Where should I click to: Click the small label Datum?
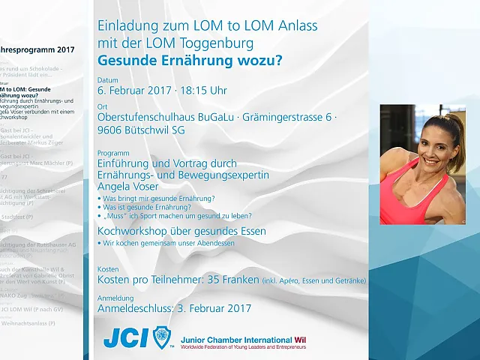(108, 79)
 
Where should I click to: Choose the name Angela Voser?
(128, 187)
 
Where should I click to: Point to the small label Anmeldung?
(115, 297)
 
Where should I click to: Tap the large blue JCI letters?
(125, 338)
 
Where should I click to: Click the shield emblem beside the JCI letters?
(163, 338)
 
